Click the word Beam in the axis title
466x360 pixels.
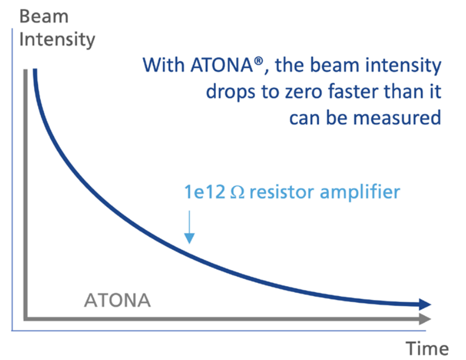44,16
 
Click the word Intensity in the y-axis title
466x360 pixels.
57,40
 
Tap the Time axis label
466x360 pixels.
427,348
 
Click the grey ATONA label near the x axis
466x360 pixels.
117,300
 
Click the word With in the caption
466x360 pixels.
164,65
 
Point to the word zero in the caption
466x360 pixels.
304,92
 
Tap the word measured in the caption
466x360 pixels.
397,118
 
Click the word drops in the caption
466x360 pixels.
230,92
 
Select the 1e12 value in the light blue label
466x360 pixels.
204,192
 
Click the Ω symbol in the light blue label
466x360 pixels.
237,192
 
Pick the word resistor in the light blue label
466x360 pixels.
281,192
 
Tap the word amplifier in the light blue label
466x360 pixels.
360,192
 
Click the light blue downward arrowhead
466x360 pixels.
189,238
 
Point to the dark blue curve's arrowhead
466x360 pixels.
425,304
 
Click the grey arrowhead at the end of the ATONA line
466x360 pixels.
425,319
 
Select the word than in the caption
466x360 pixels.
403,92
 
